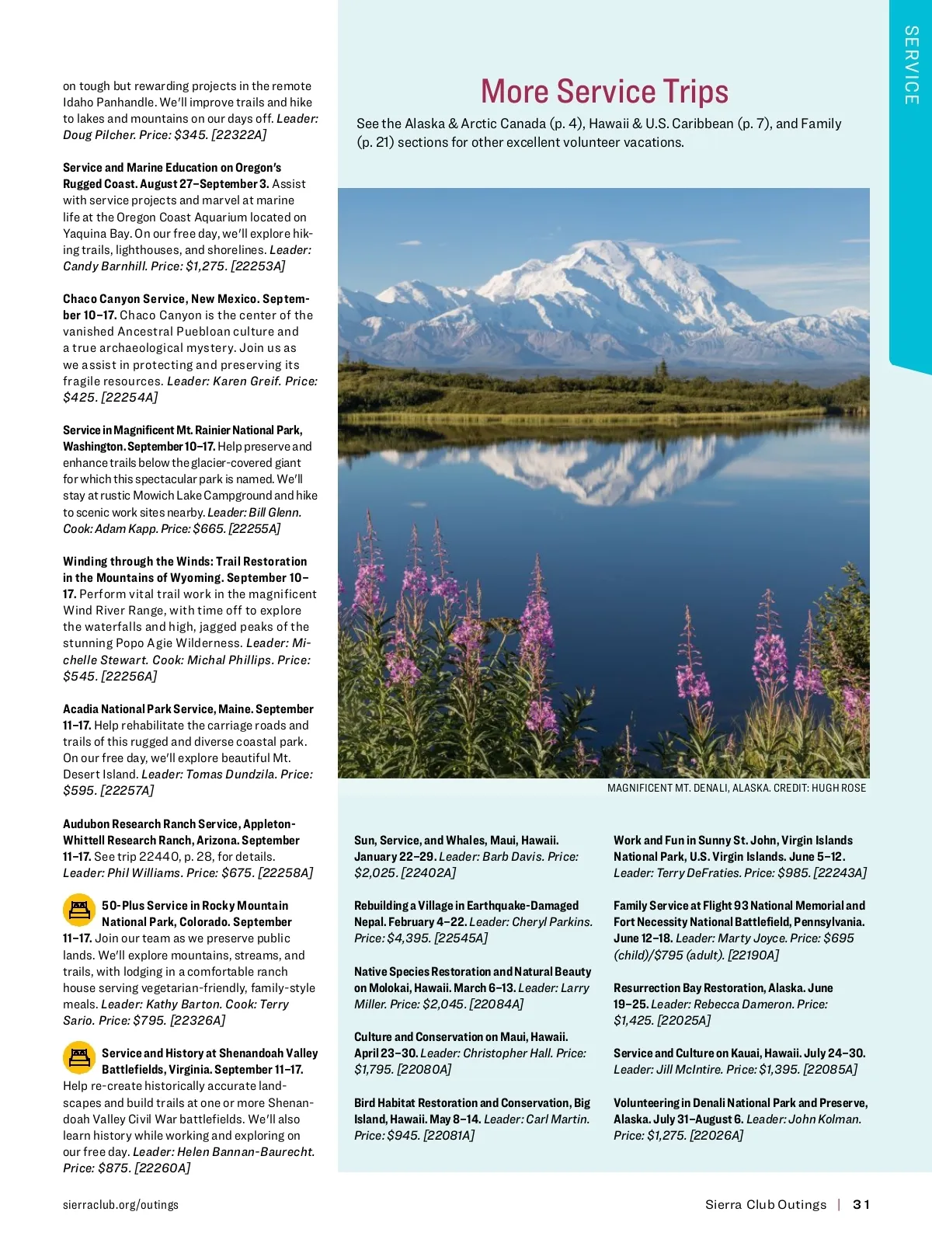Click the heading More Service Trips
[x=604, y=92]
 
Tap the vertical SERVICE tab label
[x=911, y=65]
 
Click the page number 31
[x=861, y=1204]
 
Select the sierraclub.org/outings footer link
[x=120, y=1204]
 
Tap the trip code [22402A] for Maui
[x=427, y=872]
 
